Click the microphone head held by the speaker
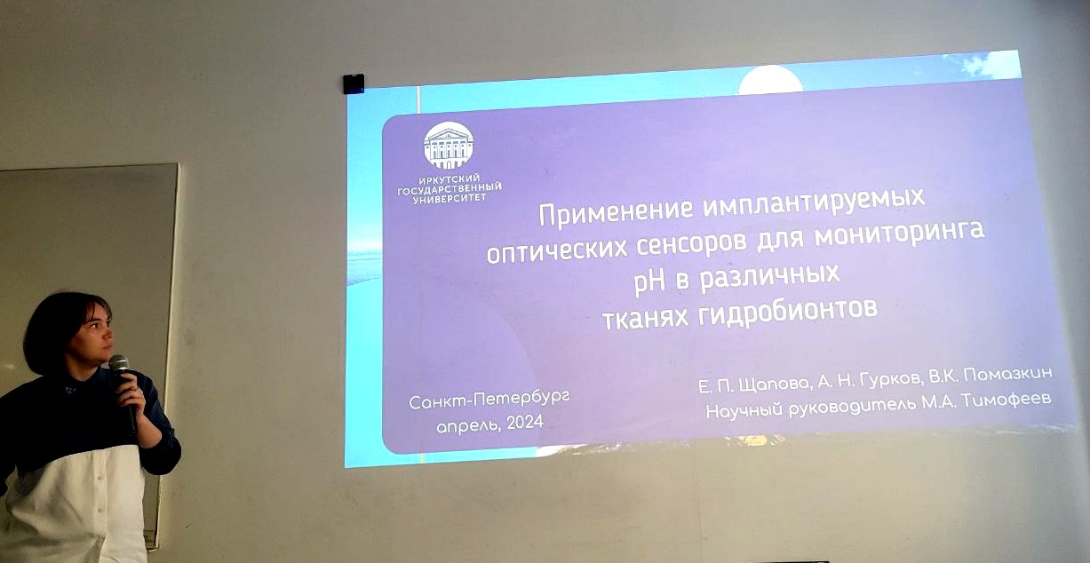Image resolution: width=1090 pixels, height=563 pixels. (x=118, y=364)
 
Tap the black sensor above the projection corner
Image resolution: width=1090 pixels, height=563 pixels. (x=354, y=83)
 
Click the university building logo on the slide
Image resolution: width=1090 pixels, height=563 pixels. (x=448, y=146)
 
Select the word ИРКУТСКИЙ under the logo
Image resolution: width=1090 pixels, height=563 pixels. (x=449, y=180)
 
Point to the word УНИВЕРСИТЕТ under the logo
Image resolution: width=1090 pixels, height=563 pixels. (x=450, y=198)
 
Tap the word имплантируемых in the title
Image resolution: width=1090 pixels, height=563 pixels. (x=814, y=202)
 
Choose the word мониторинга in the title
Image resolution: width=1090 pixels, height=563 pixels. (x=899, y=234)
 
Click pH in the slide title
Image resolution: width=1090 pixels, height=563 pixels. (x=649, y=283)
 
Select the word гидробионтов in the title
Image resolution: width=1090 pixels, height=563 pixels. (x=788, y=312)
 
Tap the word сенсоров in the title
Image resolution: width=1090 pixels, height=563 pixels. (x=691, y=243)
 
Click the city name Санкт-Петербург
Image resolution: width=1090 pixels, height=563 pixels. (x=489, y=401)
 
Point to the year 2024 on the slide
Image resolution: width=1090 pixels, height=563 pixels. (x=524, y=423)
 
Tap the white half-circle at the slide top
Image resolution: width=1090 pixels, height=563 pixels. (x=771, y=80)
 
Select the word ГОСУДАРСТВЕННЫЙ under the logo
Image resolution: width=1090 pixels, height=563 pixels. (x=450, y=189)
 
